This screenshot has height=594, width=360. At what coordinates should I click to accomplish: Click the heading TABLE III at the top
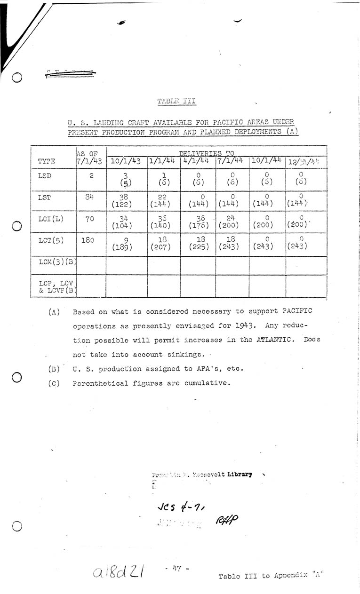(x=176, y=101)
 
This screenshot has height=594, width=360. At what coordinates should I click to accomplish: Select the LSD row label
(x=44, y=175)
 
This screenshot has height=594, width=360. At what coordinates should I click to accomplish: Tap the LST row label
(x=44, y=197)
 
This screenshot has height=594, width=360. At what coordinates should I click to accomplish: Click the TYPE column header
(x=46, y=161)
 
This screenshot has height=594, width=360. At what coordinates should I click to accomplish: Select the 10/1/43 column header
(x=126, y=161)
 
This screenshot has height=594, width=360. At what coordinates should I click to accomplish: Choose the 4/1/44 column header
(x=197, y=160)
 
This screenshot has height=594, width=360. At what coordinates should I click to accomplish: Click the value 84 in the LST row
(x=89, y=197)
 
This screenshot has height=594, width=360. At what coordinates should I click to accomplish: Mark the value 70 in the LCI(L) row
(x=89, y=219)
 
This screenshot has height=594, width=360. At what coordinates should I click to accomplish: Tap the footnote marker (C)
(x=54, y=383)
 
